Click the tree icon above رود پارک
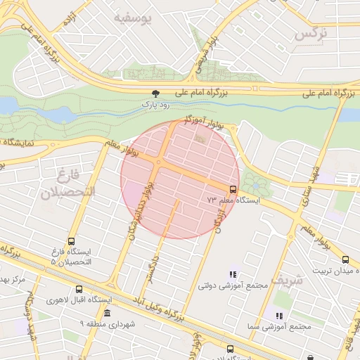tap(155, 94)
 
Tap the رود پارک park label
tap(155, 104)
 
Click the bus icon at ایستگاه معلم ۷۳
tap(233, 189)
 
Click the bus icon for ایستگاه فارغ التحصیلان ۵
tap(72, 240)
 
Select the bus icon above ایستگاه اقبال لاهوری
tap(78, 289)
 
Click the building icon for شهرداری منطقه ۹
tap(107, 313)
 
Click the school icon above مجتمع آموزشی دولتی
tap(233, 274)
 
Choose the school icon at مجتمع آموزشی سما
tap(279, 316)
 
